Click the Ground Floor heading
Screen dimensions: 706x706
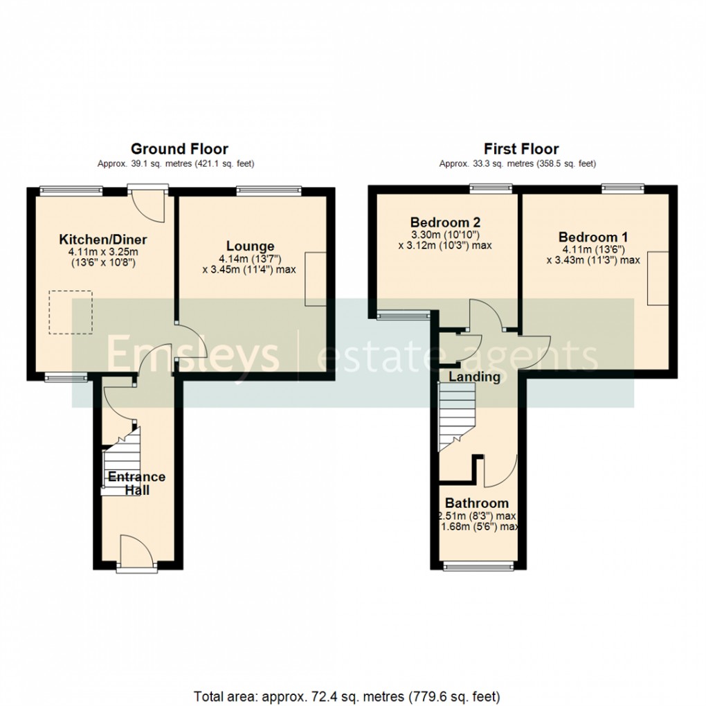179,149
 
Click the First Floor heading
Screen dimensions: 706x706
521,149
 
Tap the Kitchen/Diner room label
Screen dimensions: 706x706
102,239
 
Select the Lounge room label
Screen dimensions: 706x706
250,246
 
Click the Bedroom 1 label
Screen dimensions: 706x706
593,237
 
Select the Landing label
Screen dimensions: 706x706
474,377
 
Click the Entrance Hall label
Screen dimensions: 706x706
136,483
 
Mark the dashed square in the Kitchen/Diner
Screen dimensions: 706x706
70,311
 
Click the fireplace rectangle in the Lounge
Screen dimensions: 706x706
315,278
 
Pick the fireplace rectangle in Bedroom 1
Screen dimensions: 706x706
658,278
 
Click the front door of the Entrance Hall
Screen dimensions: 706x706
132,554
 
